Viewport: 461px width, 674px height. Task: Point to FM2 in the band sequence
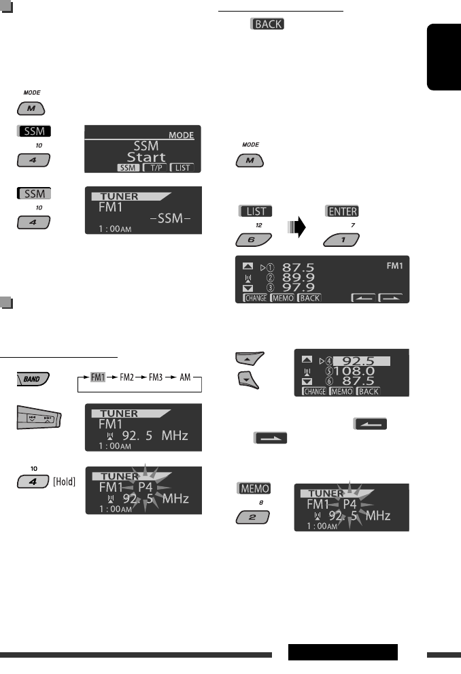[x=129, y=376]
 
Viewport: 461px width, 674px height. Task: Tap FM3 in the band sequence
[x=156, y=376]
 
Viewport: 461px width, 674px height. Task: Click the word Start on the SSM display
[x=145, y=157]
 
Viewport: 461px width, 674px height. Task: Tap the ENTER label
[x=341, y=212]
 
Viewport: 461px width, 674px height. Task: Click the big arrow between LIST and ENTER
[x=297, y=226]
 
